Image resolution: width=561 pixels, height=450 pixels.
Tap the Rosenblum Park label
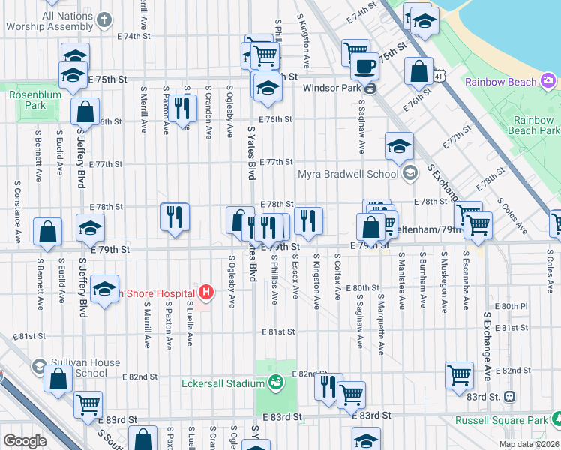[x=28, y=100]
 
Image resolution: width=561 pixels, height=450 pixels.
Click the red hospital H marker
[x=204, y=291]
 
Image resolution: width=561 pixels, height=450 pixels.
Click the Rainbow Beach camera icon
[x=548, y=81]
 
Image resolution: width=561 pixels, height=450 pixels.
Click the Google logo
[x=25, y=440]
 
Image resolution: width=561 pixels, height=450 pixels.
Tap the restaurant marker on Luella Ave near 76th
[x=182, y=107]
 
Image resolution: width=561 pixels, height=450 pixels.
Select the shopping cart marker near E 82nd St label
[x=459, y=375]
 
